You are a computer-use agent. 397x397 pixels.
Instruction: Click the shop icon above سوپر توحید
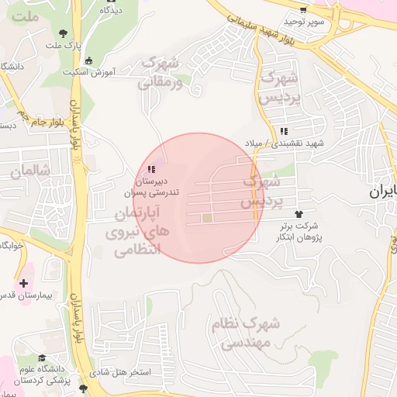coord(304,10)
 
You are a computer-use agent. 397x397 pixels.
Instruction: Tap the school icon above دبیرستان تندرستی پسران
coord(150,168)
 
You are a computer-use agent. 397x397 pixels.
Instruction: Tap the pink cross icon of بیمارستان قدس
coord(24,284)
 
